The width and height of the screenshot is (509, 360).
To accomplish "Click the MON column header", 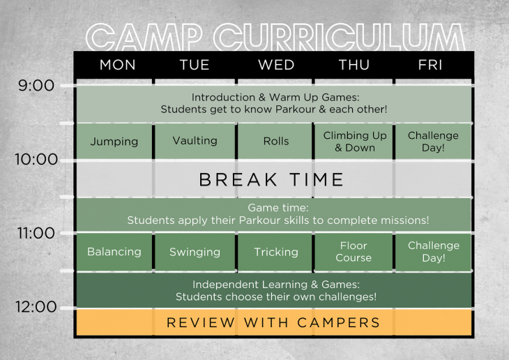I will (x=114, y=65).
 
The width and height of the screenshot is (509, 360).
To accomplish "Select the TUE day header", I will (x=195, y=65).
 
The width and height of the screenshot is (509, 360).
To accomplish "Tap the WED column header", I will (x=275, y=65).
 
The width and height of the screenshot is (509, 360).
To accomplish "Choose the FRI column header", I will (x=431, y=65).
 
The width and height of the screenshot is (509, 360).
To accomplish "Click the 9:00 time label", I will (x=36, y=86).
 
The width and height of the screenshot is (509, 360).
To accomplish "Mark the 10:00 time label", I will (x=36, y=159).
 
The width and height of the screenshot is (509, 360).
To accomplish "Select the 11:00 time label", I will (x=36, y=233).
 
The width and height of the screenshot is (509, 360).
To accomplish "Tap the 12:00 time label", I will (x=36, y=307).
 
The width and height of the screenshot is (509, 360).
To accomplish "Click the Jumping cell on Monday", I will (x=114, y=142).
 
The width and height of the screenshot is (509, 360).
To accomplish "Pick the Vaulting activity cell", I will (x=195, y=141).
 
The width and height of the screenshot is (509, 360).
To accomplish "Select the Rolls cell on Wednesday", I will (x=275, y=141).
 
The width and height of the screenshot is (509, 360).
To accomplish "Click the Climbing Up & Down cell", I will (x=355, y=142).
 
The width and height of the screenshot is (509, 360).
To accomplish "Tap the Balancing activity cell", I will (x=114, y=252).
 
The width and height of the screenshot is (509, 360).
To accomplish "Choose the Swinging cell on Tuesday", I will (x=195, y=252).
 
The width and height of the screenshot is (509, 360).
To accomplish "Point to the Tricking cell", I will (x=275, y=252).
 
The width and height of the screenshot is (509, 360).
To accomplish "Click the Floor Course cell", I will (x=354, y=252).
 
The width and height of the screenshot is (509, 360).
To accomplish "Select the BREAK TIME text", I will (x=271, y=179).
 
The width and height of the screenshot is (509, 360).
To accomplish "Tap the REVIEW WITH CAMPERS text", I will (x=273, y=322).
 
